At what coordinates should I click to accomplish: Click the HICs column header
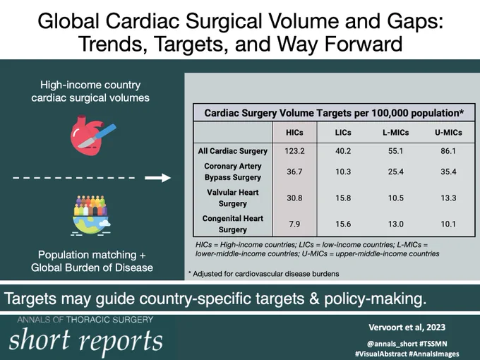click(294, 133)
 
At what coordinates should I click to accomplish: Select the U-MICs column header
click(448, 133)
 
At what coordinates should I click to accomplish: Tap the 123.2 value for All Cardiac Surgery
click(294, 151)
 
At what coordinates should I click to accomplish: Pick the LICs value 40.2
click(343, 151)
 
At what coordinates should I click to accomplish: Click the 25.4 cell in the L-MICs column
click(395, 172)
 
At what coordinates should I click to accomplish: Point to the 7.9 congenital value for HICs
click(294, 224)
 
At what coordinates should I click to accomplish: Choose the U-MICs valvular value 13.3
click(448, 198)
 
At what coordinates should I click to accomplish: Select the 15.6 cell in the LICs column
click(343, 224)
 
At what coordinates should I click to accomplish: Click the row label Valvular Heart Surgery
click(233, 198)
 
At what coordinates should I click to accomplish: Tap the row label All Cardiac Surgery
click(233, 151)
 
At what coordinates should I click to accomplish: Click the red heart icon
click(87, 136)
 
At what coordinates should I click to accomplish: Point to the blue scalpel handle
click(105, 131)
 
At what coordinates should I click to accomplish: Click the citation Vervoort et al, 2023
click(407, 328)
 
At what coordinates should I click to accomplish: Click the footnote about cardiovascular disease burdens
click(263, 274)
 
